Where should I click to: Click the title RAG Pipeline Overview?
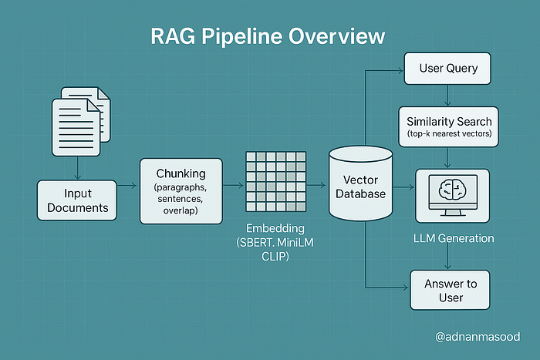coord(268,36)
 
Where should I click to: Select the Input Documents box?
coord(77,200)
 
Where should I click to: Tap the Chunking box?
coord(181,191)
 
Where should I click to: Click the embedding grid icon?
coord(276,181)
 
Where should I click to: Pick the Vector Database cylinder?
coord(360,183)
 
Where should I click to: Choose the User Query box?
coord(447,68)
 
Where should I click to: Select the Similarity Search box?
coord(448,126)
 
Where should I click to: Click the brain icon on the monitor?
coord(453,189)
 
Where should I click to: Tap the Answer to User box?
coord(450,290)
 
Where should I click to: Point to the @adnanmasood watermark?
coord(478,337)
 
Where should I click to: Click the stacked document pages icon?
coord(81,121)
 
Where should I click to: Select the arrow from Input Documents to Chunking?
coord(127,186)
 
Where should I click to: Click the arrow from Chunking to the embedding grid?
coord(233,186)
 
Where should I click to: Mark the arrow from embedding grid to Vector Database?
coord(316,186)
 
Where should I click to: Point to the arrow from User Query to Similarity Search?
coord(447,95)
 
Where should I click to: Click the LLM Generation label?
coord(454,238)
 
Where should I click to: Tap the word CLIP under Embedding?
coord(275,257)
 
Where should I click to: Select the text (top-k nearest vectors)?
coord(449,133)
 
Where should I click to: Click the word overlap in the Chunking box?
coord(181,210)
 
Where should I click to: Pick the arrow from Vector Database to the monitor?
coord(403,187)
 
